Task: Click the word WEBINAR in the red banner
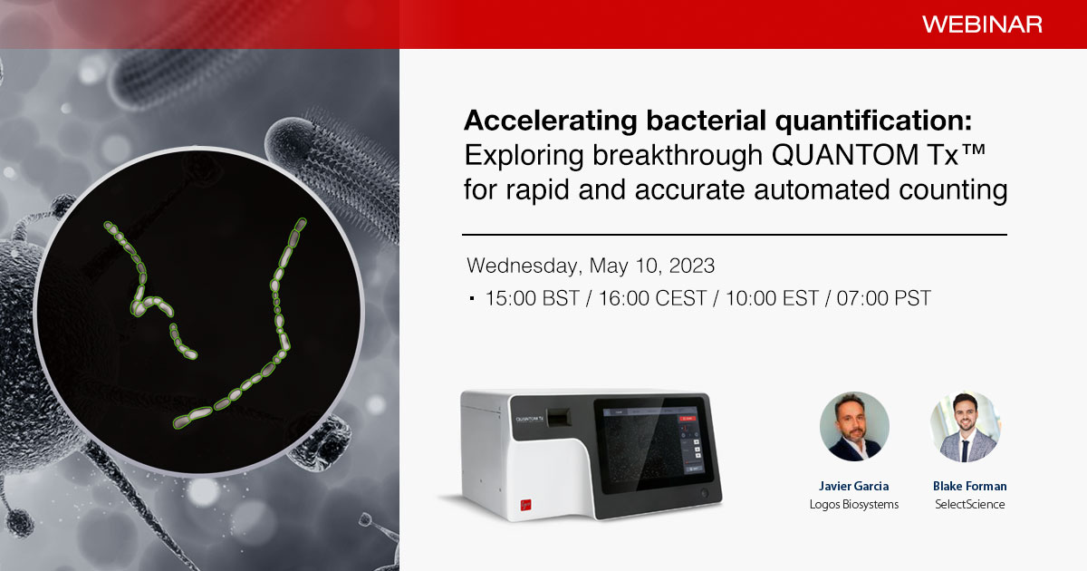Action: pos(982,24)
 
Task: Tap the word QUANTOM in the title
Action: pos(843,155)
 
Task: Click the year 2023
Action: pos(691,266)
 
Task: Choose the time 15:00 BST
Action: pos(533,298)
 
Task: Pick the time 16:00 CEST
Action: pos(653,298)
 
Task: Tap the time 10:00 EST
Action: pos(772,298)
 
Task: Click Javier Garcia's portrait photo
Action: pos(854,426)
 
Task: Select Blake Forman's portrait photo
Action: pos(965,426)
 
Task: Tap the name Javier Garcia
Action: pos(854,486)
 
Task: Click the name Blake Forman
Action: pos(969,486)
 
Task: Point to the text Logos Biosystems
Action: pos(854,505)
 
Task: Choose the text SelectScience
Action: pos(969,504)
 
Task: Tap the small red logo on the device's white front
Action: pos(525,505)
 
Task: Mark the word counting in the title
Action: pos(953,190)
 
